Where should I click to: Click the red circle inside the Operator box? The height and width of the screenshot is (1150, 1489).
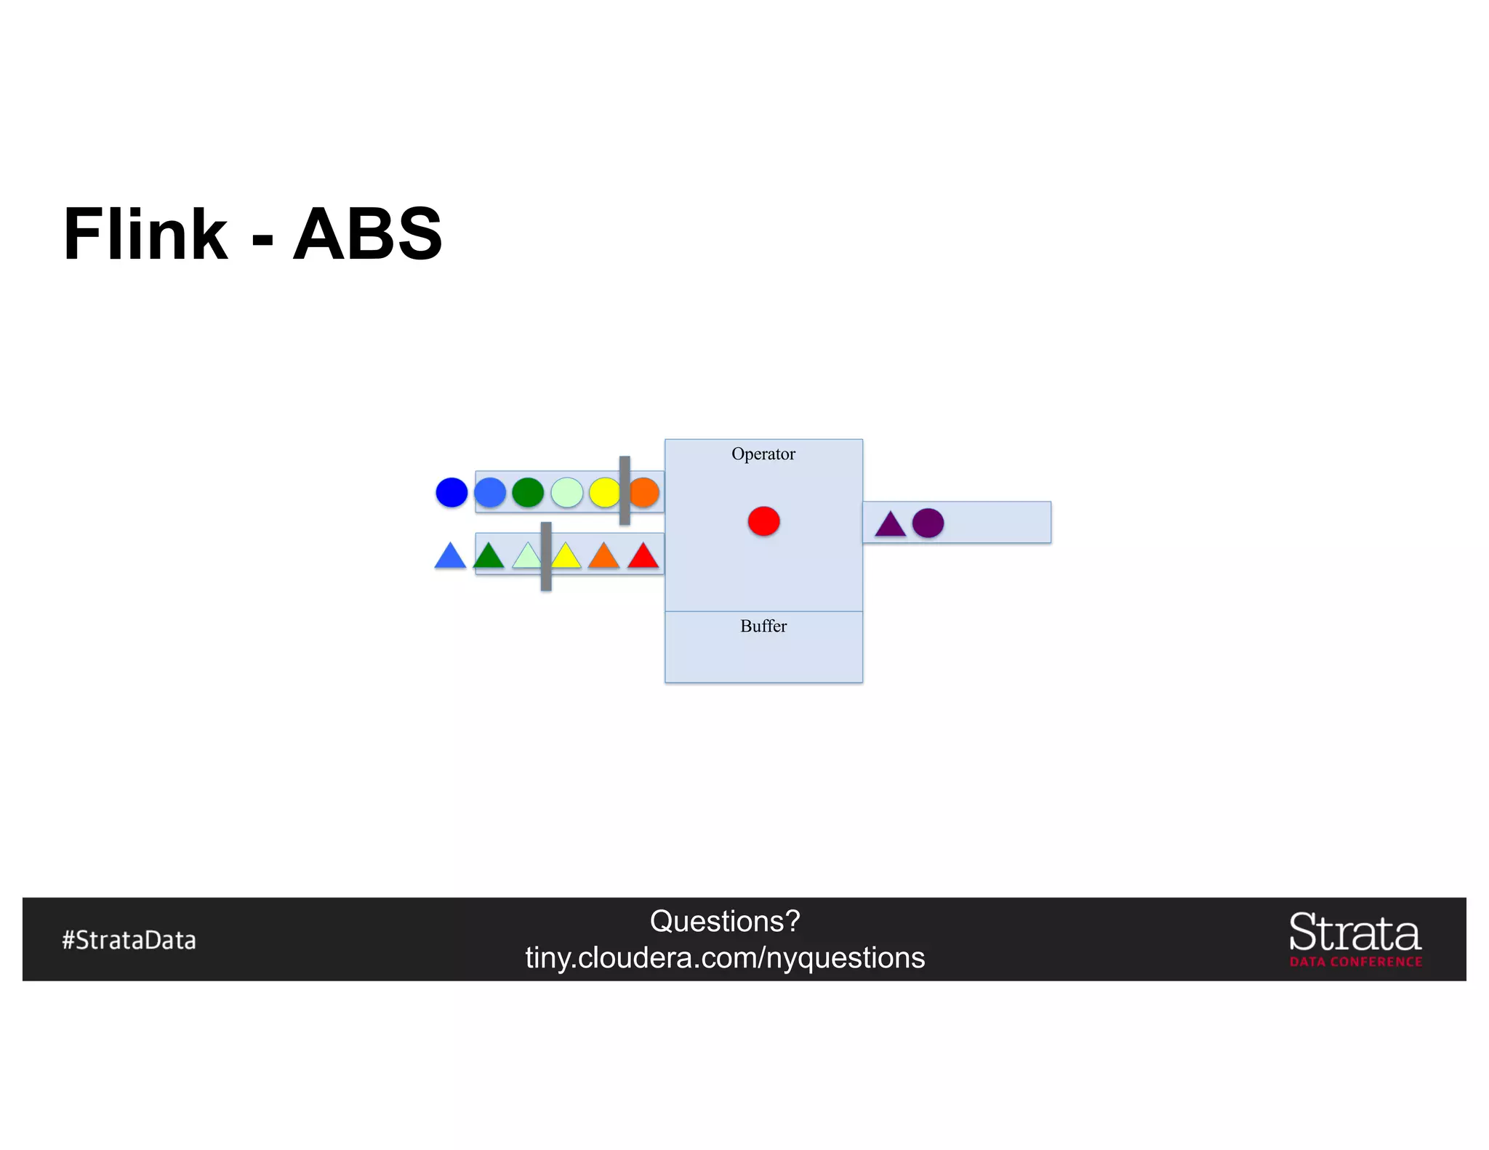[763, 521]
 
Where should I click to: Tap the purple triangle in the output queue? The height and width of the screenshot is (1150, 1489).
[890, 525]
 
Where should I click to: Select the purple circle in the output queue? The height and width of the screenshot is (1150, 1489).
[928, 523]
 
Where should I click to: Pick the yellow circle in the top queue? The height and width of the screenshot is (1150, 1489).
[603, 492]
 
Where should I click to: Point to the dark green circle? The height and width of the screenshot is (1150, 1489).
[528, 492]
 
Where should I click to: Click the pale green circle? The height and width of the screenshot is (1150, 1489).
[567, 492]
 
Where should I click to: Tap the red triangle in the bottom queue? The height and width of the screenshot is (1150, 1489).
[643, 557]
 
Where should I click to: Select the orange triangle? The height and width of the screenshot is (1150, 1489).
[603, 557]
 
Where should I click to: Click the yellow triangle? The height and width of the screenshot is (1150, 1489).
[566, 558]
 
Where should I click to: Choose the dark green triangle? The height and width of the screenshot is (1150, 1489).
[489, 557]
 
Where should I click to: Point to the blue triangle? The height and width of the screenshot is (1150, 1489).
[450, 557]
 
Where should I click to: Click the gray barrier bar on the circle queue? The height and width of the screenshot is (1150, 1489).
[625, 490]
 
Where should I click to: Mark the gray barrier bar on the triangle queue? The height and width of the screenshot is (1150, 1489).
[546, 556]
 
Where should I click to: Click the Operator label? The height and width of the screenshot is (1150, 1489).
[763, 454]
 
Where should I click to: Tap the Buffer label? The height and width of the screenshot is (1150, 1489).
[763, 626]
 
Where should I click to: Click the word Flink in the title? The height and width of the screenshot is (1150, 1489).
[145, 234]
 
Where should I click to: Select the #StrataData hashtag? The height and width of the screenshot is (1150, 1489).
[129, 940]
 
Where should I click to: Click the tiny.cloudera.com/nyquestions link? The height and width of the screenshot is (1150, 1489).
[725, 958]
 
